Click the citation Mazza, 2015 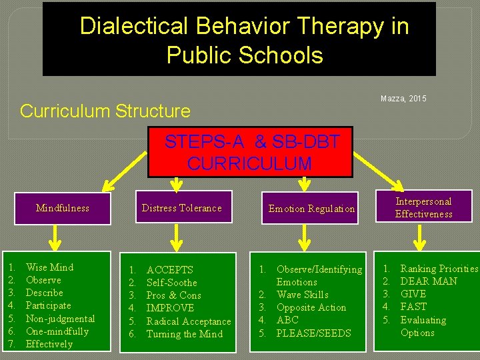pos(403,99)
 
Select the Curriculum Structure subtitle pos(105,111)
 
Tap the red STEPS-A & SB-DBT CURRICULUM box pos(250,152)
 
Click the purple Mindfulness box pos(62,208)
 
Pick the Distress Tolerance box pos(181,208)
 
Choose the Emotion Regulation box pos(311,209)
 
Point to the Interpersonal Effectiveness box pos(423,207)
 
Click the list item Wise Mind pos(49,267)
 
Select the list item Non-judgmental pos(60,319)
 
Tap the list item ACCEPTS pos(169,270)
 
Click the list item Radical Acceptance pos(189,321)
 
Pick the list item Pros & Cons pos(173,295)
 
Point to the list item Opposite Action pos(311,307)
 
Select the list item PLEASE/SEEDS pos(313,333)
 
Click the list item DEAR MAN pos(429,281)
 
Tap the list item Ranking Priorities pos(439,269)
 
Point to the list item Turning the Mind pos(184,334)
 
